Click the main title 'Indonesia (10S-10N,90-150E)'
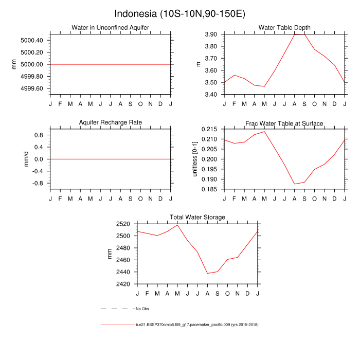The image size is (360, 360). [x=179, y=13]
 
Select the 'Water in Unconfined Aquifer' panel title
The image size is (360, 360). [x=110, y=28]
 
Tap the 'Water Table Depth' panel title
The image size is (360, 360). [x=284, y=28]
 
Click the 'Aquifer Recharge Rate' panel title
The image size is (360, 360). [x=110, y=123]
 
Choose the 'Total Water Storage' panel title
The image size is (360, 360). [x=197, y=218]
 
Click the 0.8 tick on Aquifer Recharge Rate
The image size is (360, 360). [x=38, y=135]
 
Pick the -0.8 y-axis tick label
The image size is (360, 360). [x=37, y=183]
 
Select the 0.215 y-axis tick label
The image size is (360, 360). [x=211, y=129]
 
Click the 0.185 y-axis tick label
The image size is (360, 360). [x=211, y=189]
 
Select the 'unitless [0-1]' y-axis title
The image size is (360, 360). [x=195, y=159]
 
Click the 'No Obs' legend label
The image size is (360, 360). [x=142, y=309]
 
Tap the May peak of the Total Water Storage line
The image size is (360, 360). [x=177, y=225]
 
